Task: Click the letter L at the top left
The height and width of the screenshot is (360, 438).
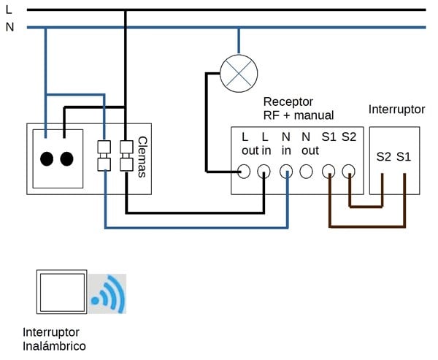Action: click(9, 9)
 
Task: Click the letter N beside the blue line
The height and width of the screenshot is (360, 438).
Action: click(9, 28)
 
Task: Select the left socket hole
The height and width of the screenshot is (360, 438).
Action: click(47, 158)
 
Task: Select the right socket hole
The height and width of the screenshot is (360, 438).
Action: click(67, 158)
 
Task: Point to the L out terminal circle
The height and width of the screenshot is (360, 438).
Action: click(245, 172)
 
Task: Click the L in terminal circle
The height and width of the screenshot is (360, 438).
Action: click(264, 172)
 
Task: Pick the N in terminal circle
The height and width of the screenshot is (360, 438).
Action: click(287, 172)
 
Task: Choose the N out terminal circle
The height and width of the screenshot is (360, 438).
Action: click(307, 172)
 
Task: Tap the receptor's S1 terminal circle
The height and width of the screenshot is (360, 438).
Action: click(329, 172)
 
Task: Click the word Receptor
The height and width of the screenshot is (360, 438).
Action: click(288, 102)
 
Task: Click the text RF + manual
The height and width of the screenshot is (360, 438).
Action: click(298, 115)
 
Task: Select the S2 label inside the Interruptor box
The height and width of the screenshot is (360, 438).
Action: click(384, 156)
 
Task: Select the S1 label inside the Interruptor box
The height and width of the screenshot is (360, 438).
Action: click(404, 156)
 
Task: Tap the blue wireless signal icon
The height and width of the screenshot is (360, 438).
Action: click(108, 294)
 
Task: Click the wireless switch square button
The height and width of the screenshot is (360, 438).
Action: click(61, 293)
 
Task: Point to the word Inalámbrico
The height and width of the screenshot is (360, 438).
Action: click(54, 346)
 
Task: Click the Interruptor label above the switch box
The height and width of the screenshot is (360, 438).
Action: click(396, 110)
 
